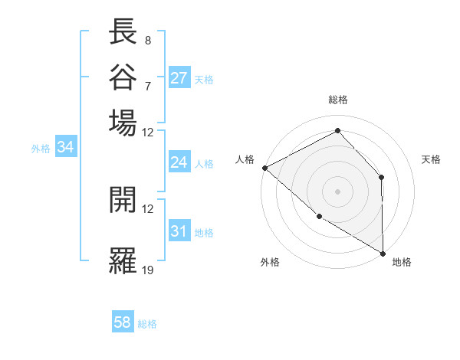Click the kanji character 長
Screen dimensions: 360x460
[123, 34]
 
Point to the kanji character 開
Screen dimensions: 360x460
[123, 199]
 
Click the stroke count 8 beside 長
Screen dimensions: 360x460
[147, 40]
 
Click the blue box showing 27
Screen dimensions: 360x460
[179, 77]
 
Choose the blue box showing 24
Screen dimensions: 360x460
[179, 162]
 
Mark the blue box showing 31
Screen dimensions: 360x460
[179, 231]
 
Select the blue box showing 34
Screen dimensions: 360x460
[65, 148]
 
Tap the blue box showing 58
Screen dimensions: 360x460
[123, 322]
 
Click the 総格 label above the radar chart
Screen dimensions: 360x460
[338, 100]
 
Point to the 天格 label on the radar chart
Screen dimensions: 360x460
[431, 159]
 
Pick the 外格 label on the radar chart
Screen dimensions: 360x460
[270, 262]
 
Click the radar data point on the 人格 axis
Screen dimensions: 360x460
[264, 168]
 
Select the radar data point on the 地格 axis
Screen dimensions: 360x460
[383, 253]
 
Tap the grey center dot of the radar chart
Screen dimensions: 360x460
[337, 191]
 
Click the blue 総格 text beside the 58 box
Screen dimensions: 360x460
[147, 324]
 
